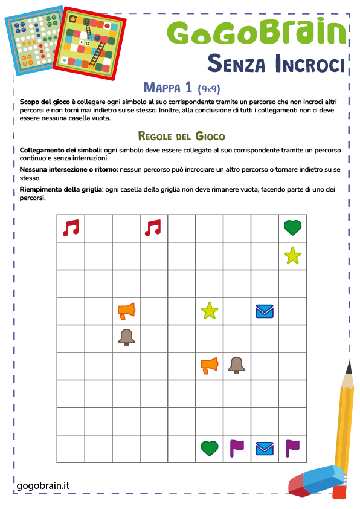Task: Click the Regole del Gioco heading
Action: click(181, 135)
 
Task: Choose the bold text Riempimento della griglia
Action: click(60, 190)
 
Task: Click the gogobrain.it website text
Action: click(43, 485)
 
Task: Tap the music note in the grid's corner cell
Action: click(71, 228)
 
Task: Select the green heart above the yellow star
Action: click(292, 228)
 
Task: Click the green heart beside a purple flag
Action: click(209, 448)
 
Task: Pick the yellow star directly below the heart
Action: click(292, 256)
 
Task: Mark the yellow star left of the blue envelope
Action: click(209, 311)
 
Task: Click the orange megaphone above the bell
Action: click(126, 311)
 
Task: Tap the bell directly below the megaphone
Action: click(126, 338)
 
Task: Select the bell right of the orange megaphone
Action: click(237, 365)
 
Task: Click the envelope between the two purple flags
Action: click(265, 448)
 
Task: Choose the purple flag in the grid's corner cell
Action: click(292, 448)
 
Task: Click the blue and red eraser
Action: click(317, 481)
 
